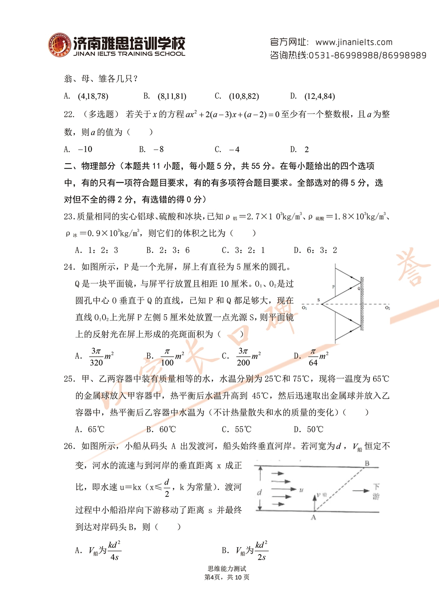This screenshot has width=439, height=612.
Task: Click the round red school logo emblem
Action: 59,45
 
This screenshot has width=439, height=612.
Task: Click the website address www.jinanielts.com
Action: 354,42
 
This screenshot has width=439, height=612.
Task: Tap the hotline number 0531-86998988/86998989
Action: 367,55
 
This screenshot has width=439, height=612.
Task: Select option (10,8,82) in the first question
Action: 244,97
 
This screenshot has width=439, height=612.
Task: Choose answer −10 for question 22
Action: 85,149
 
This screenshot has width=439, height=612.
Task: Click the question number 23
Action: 69,217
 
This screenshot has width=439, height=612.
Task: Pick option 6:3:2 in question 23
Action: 321,250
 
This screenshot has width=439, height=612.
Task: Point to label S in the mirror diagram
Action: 318,300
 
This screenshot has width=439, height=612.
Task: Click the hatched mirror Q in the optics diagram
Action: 362,304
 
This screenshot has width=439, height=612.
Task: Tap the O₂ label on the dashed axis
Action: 387,308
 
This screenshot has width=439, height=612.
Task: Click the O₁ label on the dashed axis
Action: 304,308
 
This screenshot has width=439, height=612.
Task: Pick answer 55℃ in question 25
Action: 243,430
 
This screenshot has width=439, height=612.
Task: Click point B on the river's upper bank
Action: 367,463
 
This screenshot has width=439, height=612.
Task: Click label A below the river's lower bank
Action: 313,518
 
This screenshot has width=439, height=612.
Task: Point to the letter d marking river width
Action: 259,493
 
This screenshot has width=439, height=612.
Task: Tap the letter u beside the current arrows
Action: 301,490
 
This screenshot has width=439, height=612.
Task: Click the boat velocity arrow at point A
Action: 314,502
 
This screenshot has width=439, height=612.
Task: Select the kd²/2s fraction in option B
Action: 261,551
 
